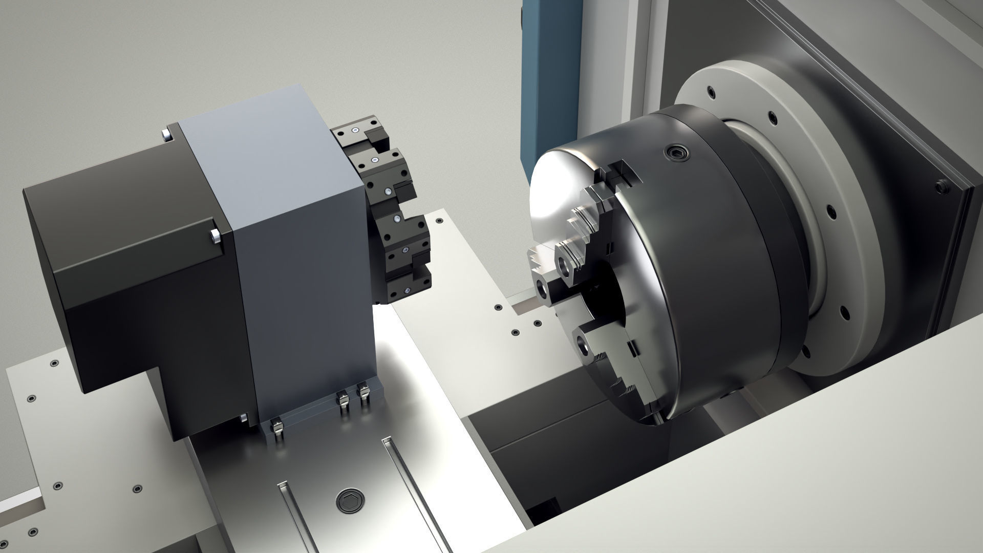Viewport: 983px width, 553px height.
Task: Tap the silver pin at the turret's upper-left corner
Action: click(165, 134)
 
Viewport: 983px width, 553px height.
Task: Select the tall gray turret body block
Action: click(302, 246)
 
